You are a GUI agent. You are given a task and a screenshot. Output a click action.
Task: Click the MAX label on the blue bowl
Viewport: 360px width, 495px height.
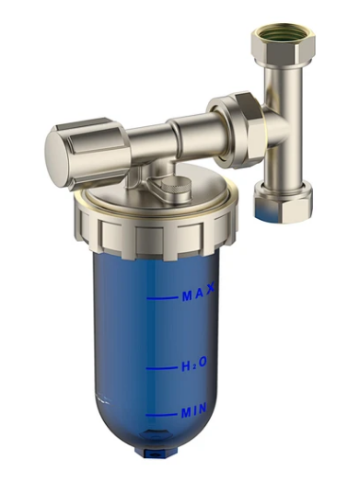pyautogui.click(x=199, y=293)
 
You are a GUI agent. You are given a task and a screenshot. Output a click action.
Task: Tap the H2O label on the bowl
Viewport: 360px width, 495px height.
pyautogui.click(x=194, y=364)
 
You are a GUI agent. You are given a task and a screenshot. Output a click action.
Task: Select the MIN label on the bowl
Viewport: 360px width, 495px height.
pyautogui.click(x=194, y=410)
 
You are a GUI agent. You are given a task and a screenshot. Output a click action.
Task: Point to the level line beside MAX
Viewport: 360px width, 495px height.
pyautogui.click(x=162, y=298)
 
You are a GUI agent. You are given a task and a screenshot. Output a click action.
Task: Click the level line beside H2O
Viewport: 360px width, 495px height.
pyautogui.click(x=162, y=368)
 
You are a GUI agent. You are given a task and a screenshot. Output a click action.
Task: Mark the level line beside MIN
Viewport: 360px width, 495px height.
pyautogui.click(x=162, y=415)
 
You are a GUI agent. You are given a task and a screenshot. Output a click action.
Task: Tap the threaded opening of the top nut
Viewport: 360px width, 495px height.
pyautogui.click(x=285, y=33)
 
